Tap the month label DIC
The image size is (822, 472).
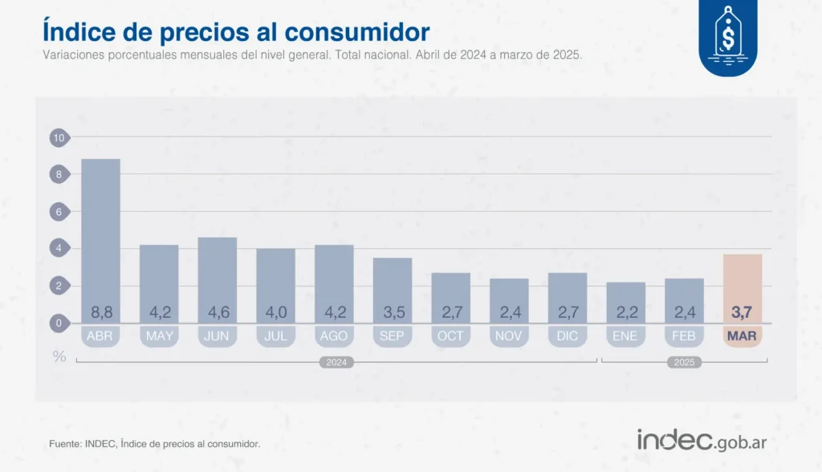tap(567, 336)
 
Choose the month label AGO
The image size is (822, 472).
tap(334, 336)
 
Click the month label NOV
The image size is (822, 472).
tap(509, 336)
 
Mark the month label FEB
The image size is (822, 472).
tap(683, 336)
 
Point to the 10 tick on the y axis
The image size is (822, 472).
tap(58, 137)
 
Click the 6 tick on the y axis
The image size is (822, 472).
tap(58, 212)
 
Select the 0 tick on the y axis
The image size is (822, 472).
tap(58, 323)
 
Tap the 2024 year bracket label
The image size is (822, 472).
tap(336, 363)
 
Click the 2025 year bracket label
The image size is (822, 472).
tap(684, 363)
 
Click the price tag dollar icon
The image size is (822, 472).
tap(727, 36)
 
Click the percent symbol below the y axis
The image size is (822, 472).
tap(59, 356)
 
